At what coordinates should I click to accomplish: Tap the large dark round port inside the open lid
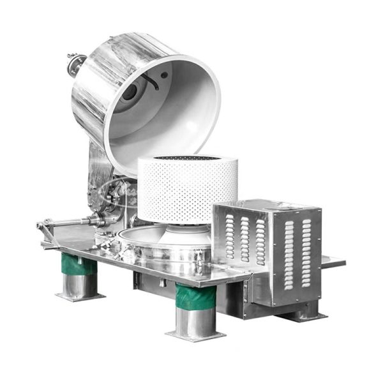[130, 93]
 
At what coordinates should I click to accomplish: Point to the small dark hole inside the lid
[165, 75]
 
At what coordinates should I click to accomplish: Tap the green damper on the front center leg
[191, 297]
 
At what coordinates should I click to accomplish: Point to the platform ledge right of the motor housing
[332, 262]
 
